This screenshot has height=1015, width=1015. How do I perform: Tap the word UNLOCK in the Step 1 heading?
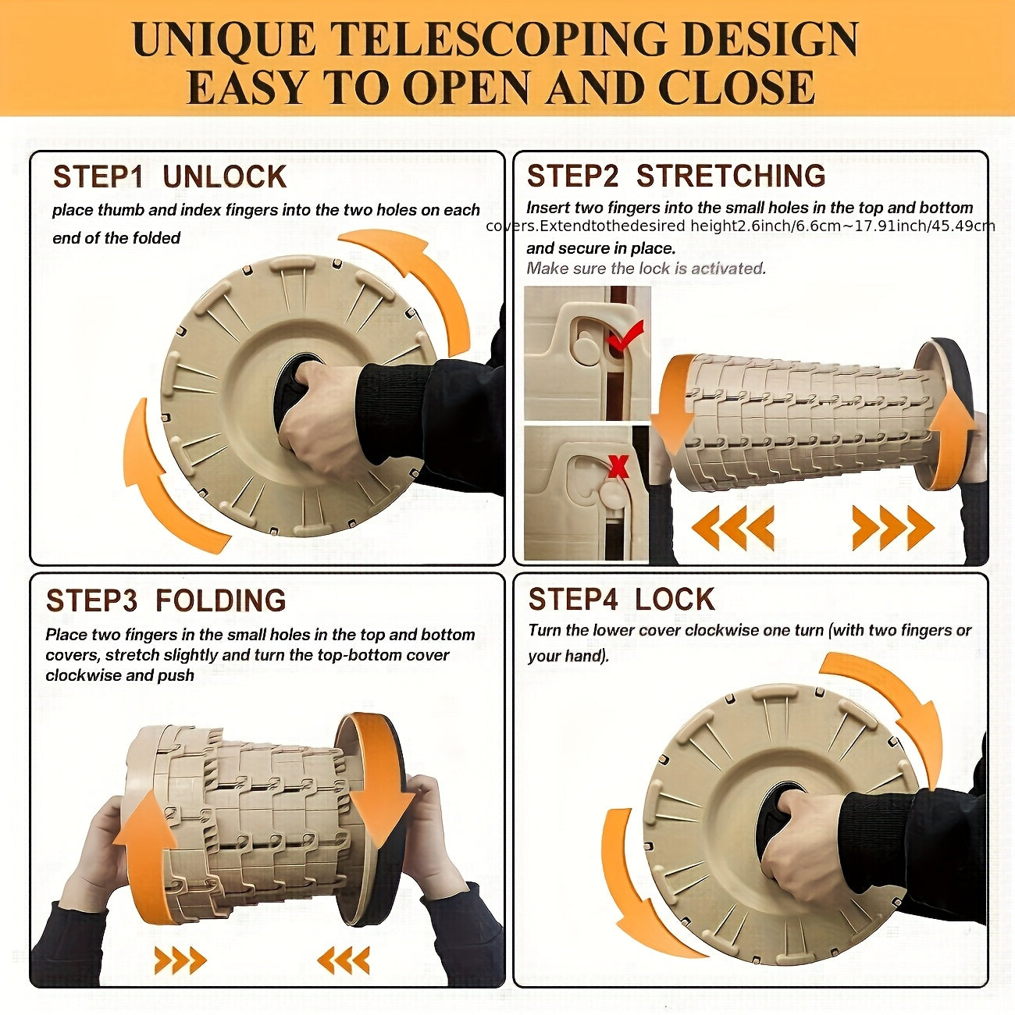[x=225, y=176]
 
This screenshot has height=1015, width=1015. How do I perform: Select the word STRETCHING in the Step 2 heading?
[x=731, y=176]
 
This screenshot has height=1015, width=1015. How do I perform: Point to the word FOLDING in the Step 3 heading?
[x=221, y=600]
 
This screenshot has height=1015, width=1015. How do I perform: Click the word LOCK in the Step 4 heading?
[x=675, y=600]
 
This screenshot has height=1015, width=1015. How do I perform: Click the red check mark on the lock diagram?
[x=625, y=336]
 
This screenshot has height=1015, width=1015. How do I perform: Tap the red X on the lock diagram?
[x=618, y=466]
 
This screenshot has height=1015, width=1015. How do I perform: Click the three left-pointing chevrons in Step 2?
[x=732, y=527]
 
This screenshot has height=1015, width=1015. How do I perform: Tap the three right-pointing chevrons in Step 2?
[x=893, y=527]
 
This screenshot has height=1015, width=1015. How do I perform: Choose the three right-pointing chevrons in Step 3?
[x=180, y=960]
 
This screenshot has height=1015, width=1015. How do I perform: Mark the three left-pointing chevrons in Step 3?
[x=344, y=960]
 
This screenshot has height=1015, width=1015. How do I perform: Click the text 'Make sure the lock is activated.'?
[x=646, y=269]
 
